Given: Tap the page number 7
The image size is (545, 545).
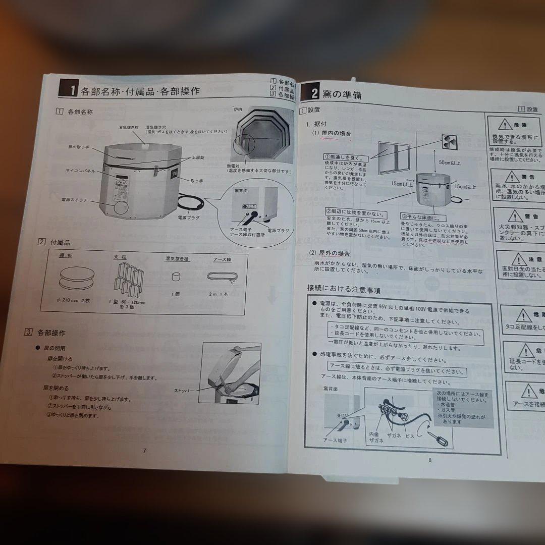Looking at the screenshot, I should (x=144, y=451).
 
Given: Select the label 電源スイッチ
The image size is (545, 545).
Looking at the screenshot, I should (x=74, y=200).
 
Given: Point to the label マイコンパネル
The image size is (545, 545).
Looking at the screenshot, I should (x=81, y=171).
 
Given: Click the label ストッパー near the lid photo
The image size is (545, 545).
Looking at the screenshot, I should (x=184, y=391).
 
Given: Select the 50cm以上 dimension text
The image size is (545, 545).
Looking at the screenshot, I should (x=450, y=163).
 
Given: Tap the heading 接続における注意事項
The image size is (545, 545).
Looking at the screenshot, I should (x=344, y=290).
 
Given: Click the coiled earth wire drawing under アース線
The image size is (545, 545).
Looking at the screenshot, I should (x=222, y=277).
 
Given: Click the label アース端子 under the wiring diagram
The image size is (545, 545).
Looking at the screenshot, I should (x=335, y=440).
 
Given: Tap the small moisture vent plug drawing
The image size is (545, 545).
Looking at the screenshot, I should (x=176, y=277).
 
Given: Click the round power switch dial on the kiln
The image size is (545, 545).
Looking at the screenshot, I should (x=120, y=207).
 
